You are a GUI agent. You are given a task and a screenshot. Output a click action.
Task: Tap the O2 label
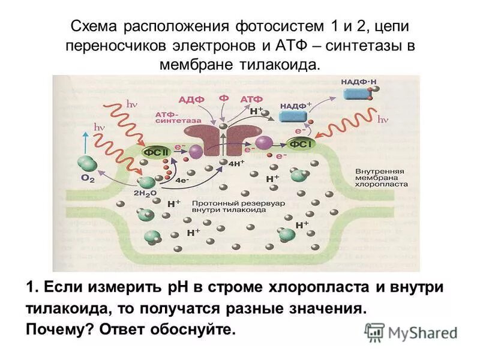(x=88, y=179)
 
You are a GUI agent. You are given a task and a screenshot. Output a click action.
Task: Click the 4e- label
(x=182, y=179)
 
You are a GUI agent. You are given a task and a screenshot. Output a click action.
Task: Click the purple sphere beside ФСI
(x=265, y=142)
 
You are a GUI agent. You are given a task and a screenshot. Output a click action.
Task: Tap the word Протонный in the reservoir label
(x=211, y=203)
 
